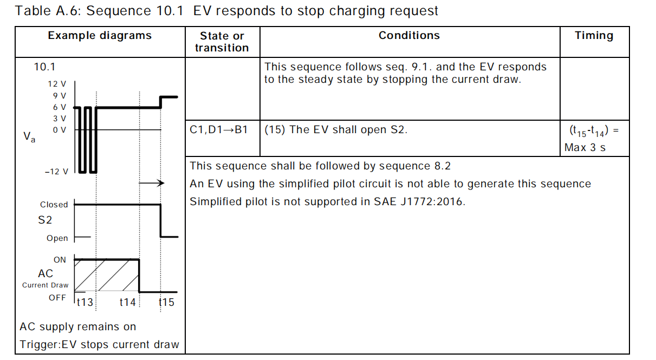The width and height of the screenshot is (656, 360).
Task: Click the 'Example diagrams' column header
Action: [100, 36]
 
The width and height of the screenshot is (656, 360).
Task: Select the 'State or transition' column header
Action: [222, 42]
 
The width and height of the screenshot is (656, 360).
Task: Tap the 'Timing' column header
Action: [594, 36]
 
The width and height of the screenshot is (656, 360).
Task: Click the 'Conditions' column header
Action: [409, 36]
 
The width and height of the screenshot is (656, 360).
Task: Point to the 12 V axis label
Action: [57, 84]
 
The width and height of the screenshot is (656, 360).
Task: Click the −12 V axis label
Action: [56, 172]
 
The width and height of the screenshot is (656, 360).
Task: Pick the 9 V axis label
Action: [59, 96]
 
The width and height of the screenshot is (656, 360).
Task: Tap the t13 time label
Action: [85, 302]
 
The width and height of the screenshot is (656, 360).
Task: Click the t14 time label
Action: [127, 302]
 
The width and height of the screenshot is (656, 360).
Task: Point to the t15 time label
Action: [167, 302]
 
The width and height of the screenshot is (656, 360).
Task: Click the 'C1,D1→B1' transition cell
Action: [219, 130]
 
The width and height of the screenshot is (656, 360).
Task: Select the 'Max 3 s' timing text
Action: [585, 147]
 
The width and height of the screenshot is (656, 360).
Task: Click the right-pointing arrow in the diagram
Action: [152, 184]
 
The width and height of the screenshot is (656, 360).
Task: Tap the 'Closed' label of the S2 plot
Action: [54, 205]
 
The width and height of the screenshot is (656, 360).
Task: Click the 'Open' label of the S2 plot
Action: [57, 238]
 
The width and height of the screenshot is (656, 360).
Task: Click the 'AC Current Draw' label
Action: [46, 279]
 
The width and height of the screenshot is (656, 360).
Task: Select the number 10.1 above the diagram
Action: [44, 67]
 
